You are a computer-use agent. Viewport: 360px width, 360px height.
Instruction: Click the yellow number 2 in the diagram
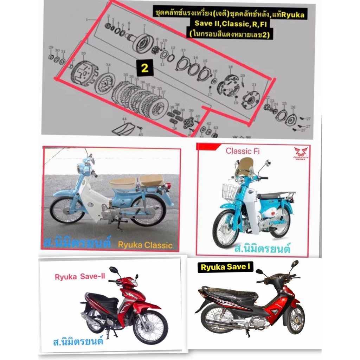pos(144,69)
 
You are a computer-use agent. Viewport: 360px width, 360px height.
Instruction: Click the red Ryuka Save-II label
pos(80,277)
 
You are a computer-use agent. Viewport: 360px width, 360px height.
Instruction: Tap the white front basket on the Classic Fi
pos(230,192)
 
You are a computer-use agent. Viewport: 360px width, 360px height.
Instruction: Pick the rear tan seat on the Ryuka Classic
pos(151,180)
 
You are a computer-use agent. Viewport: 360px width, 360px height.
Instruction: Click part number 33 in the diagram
pos(83,53)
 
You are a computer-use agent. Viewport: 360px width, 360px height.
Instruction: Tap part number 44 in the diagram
pos(124,120)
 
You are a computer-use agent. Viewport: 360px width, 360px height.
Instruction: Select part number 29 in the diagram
pos(51,47)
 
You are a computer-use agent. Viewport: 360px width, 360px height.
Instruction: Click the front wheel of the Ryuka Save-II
pos(150,327)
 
